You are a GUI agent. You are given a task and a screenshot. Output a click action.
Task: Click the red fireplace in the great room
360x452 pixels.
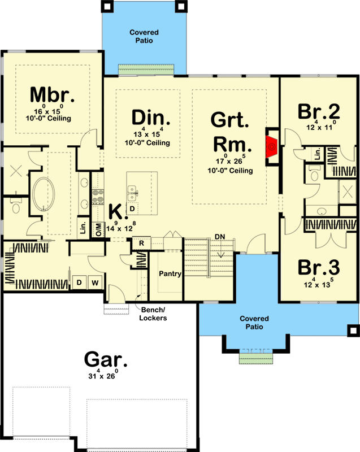point(271,147)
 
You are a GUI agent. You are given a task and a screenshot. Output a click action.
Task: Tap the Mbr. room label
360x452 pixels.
point(52,94)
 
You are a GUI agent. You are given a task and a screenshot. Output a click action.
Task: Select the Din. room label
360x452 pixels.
point(151,118)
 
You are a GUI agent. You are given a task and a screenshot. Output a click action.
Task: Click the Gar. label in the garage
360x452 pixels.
point(106,359)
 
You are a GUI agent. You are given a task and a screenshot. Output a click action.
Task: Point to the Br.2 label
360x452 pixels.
point(319,111)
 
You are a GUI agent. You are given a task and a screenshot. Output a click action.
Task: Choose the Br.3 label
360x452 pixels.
point(319,267)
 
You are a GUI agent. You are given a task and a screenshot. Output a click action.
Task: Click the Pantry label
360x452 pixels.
point(170,273)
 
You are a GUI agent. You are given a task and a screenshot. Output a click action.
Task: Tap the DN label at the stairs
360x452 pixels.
point(220,237)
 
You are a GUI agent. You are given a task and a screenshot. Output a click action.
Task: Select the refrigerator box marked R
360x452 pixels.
point(141,243)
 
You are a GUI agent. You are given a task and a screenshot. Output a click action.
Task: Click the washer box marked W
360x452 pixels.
point(95,283)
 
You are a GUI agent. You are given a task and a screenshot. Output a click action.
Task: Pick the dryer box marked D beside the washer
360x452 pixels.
point(79,283)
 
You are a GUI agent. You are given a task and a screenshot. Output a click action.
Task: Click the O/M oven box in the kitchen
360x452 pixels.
point(98,230)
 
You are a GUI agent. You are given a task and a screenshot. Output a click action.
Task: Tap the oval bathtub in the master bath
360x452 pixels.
point(44,194)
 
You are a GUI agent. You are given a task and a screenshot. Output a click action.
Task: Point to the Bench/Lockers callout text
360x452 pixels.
point(153,314)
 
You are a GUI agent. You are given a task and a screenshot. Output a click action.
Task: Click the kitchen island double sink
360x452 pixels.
point(132,193)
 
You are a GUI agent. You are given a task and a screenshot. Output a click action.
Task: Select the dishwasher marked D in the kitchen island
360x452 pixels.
point(132,208)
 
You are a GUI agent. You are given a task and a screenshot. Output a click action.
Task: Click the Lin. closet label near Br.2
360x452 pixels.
point(318,154)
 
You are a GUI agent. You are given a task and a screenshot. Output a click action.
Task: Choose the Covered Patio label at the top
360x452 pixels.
point(144,36)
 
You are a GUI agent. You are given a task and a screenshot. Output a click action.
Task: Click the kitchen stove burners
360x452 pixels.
point(98,195)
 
